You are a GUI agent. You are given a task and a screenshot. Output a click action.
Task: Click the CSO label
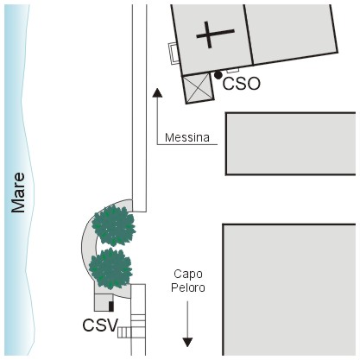[242, 84]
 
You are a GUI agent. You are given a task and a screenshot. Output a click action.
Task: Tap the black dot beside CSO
[218, 75]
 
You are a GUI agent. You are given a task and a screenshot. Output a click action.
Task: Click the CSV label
[100, 325]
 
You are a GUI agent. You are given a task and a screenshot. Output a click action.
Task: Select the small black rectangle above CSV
[111, 306]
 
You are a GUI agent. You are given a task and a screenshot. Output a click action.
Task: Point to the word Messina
[187, 137]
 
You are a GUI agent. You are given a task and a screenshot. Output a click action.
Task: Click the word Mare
[18, 193]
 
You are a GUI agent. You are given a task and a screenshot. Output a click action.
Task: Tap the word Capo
[188, 275]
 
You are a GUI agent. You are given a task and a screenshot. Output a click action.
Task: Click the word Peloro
[188, 287]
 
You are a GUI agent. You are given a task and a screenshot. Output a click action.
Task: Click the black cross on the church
[215, 35]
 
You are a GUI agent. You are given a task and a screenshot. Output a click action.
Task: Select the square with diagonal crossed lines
[199, 88]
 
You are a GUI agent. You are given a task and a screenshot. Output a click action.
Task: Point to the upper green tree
[114, 225]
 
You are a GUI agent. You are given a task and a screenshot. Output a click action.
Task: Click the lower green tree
[111, 268]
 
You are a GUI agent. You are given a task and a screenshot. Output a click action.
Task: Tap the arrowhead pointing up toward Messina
[157, 92]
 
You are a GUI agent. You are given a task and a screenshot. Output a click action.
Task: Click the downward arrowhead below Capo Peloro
[187, 342]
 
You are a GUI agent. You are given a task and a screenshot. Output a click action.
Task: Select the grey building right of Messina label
[291, 143]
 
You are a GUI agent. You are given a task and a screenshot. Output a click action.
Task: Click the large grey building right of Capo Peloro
[289, 290]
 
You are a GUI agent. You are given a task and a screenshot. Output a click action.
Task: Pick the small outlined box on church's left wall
[174, 54]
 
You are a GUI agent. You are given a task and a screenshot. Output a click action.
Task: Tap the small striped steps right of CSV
[124, 332]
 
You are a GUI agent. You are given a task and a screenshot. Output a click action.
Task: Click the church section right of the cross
[291, 34]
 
